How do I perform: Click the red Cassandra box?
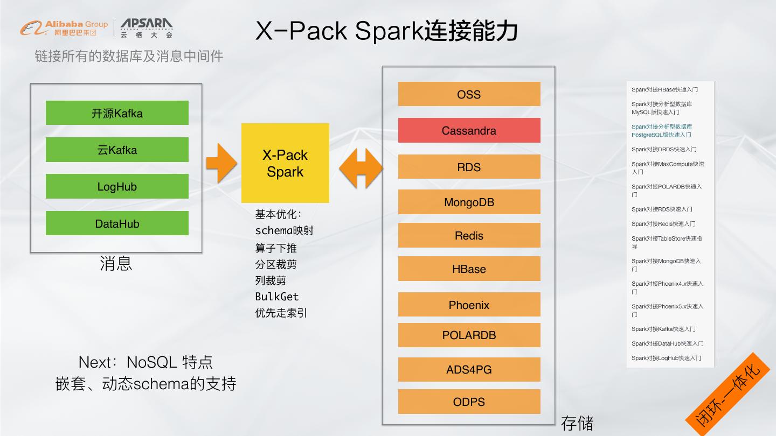pyautogui.click(x=469, y=130)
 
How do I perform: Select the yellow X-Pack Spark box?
pyautogui.click(x=285, y=163)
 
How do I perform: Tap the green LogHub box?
pyautogui.click(x=117, y=186)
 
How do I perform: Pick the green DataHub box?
pyautogui.click(x=117, y=223)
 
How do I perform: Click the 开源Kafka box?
pyautogui.click(x=117, y=113)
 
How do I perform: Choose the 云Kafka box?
pyautogui.click(x=117, y=150)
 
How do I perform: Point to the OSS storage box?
pyautogui.click(x=469, y=94)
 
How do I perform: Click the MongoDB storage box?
pyautogui.click(x=469, y=202)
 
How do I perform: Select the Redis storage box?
pyautogui.click(x=469, y=236)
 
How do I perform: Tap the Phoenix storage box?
pyautogui.click(x=469, y=305)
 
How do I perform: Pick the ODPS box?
pyautogui.click(x=469, y=402)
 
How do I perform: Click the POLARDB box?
pyautogui.click(x=469, y=335)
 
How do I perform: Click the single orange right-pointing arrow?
pyautogui.click(x=221, y=163)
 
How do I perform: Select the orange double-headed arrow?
pyautogui.click(x=361, y=168)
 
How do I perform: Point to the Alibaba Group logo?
pyautogui.click(x=64, y=27)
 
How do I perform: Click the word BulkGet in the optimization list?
pyautogui.click(x=276, y=297)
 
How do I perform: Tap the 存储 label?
pyautogui.click(x=577, y=423)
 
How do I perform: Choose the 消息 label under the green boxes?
pyautogui.click(x=116, y=263)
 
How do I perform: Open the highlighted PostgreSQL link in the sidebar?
pyautogui.click(x=662, y=131)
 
